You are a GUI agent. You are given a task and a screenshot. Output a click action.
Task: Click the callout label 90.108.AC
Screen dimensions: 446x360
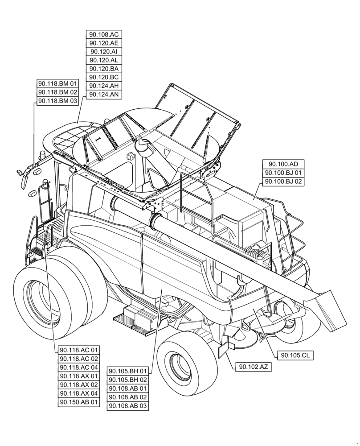[104, 35]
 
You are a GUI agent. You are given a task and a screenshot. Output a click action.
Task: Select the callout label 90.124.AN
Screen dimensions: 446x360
[104, 95]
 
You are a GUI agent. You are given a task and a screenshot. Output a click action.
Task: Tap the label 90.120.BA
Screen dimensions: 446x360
[104, 69]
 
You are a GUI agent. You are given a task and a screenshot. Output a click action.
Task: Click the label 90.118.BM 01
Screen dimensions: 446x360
[57, 84]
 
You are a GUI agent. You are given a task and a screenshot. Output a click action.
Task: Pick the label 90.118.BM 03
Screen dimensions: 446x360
[57, 101]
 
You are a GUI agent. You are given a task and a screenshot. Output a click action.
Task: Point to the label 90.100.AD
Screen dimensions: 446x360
[283, 164]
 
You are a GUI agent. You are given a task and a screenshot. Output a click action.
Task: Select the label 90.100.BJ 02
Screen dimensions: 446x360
[283, 182]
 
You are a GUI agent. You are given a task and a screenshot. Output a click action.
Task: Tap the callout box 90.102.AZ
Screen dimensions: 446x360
[253, 367]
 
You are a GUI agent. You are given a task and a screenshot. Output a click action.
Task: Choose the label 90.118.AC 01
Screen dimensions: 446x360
[78, 350]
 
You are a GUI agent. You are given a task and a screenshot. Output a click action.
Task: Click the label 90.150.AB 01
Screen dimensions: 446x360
[78, 402]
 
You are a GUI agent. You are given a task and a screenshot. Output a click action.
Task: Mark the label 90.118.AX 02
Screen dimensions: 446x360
[78, 384]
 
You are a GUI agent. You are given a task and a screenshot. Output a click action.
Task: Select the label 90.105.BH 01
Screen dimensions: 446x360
[128, 371]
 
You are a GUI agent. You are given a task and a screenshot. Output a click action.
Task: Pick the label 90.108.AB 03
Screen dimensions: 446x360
[128, 406]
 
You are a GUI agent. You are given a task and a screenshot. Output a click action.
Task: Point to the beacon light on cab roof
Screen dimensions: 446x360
[43, 154]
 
